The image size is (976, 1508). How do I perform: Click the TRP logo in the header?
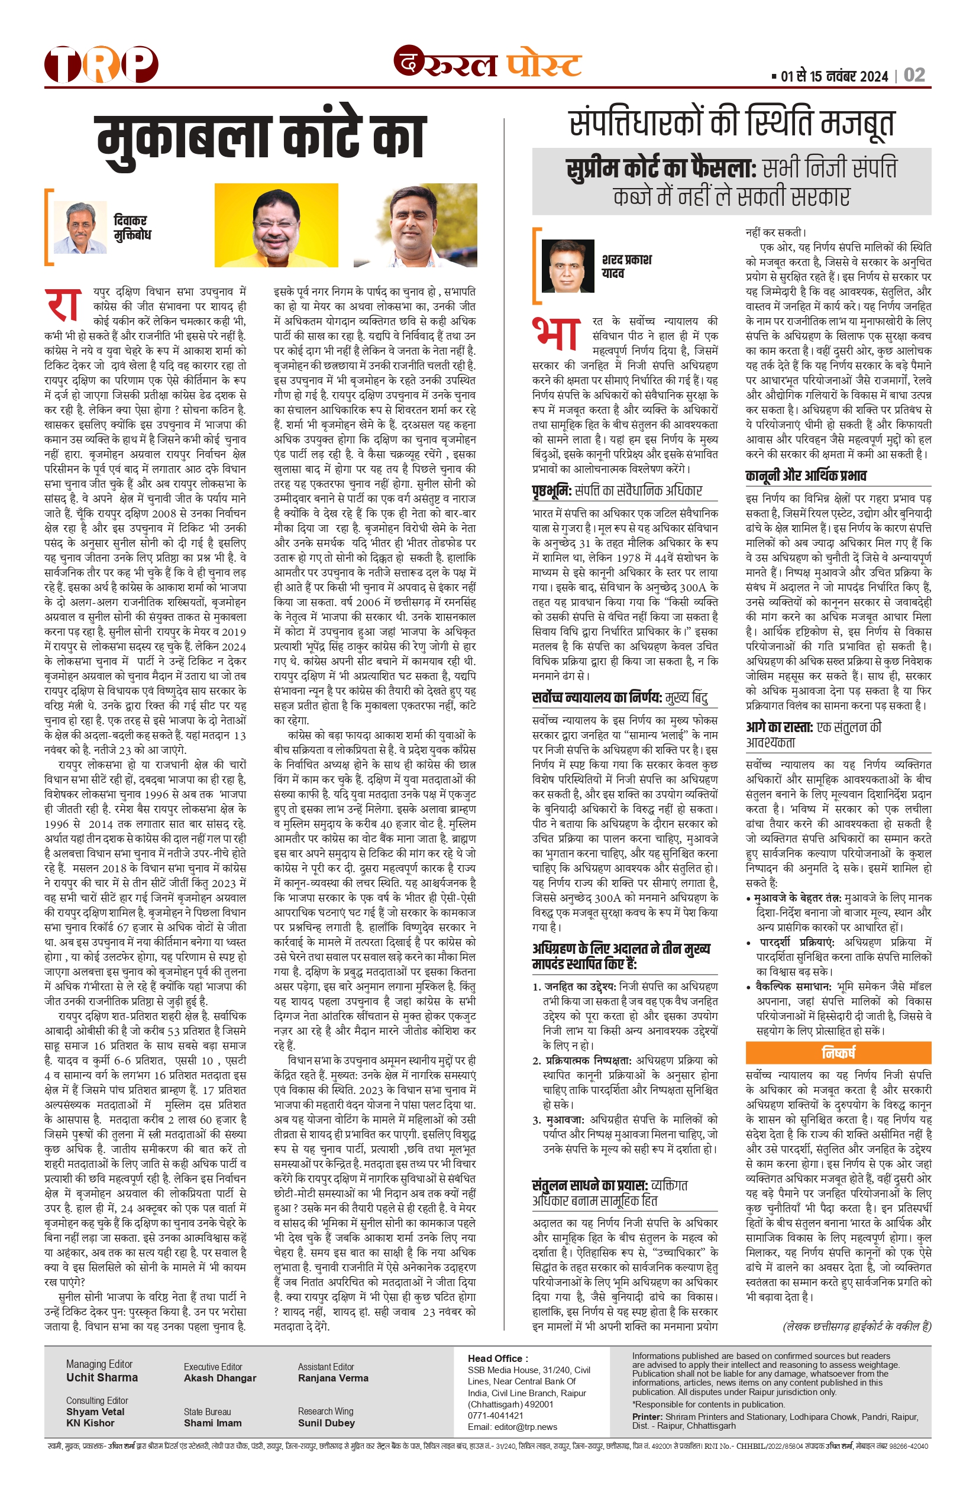point(101,64)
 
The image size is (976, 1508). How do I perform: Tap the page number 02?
point(914,76)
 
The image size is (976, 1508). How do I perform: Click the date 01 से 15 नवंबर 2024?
point(834,77)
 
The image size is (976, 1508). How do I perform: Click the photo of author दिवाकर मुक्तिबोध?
point(80,228)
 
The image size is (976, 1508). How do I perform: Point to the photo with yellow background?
point(276,225)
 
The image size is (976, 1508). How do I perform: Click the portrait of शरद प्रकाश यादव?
point(568,266)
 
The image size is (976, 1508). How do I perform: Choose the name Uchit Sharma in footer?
point(102,1377)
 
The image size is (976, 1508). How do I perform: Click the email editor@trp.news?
point(512,1426)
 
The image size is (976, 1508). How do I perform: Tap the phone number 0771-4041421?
point(496,1416)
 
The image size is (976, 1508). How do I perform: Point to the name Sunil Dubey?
point(326,1423)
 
